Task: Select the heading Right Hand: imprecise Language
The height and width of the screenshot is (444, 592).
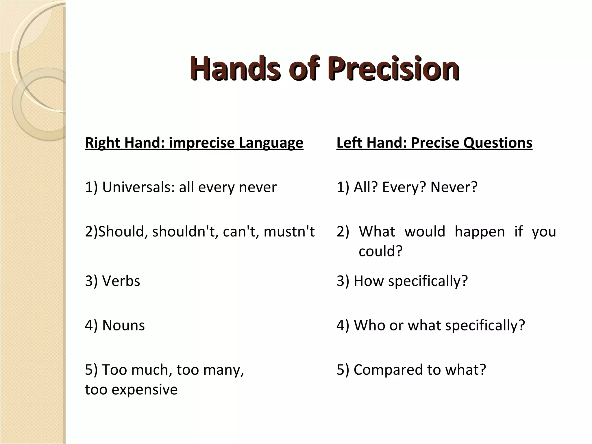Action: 194,143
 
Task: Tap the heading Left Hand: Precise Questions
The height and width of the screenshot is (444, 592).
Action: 434,143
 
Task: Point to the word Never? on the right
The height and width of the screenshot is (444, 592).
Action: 454,187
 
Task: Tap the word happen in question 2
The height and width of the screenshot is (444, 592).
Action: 480,232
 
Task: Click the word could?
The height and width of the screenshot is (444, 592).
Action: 380,251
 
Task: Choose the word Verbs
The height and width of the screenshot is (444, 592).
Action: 121,281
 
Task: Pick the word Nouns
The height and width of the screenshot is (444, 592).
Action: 123,325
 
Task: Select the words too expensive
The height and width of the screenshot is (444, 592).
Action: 131,390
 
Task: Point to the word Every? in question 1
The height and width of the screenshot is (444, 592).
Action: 404,187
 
